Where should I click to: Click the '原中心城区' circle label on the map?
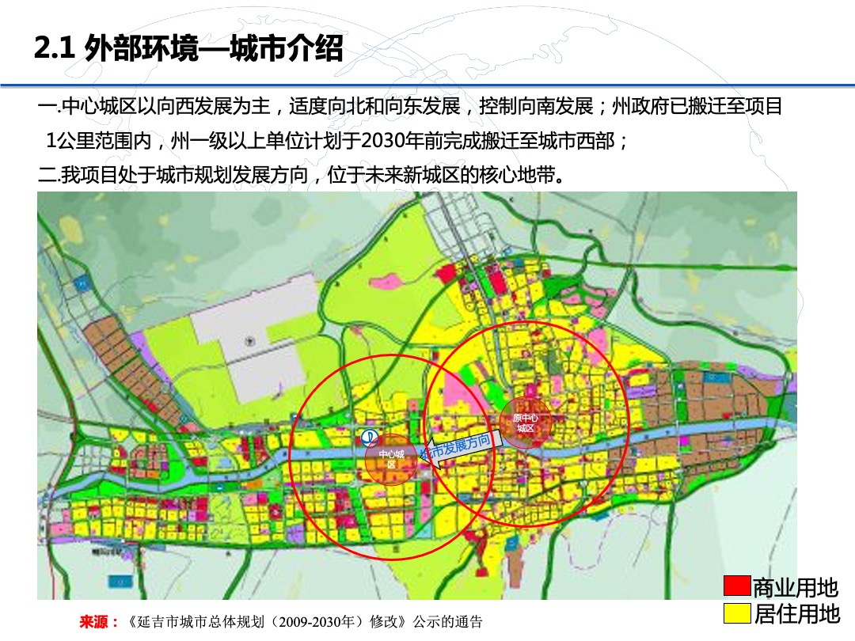pyautogui.click(x=525, y=422)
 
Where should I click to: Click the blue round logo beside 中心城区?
pyautogui.click(x=369, y=437)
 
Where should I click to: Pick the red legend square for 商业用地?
pyautogui.click(x=736, y=586)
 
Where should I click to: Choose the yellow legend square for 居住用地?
pyautogui.click(x=736, y=613)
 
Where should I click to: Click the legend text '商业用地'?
pyautogui.click(x=795, y=587)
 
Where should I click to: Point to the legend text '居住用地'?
pyautogui.click(x=795, y=613)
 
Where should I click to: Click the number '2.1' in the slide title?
pyautogui.click(x=54, y=50)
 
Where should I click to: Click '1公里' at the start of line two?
pyautogui.click(x=66, y=142)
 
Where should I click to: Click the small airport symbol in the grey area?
pyautogui.click(x=248, y=341)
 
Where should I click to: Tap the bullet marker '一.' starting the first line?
pyautogui.click(x=48, y=107)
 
